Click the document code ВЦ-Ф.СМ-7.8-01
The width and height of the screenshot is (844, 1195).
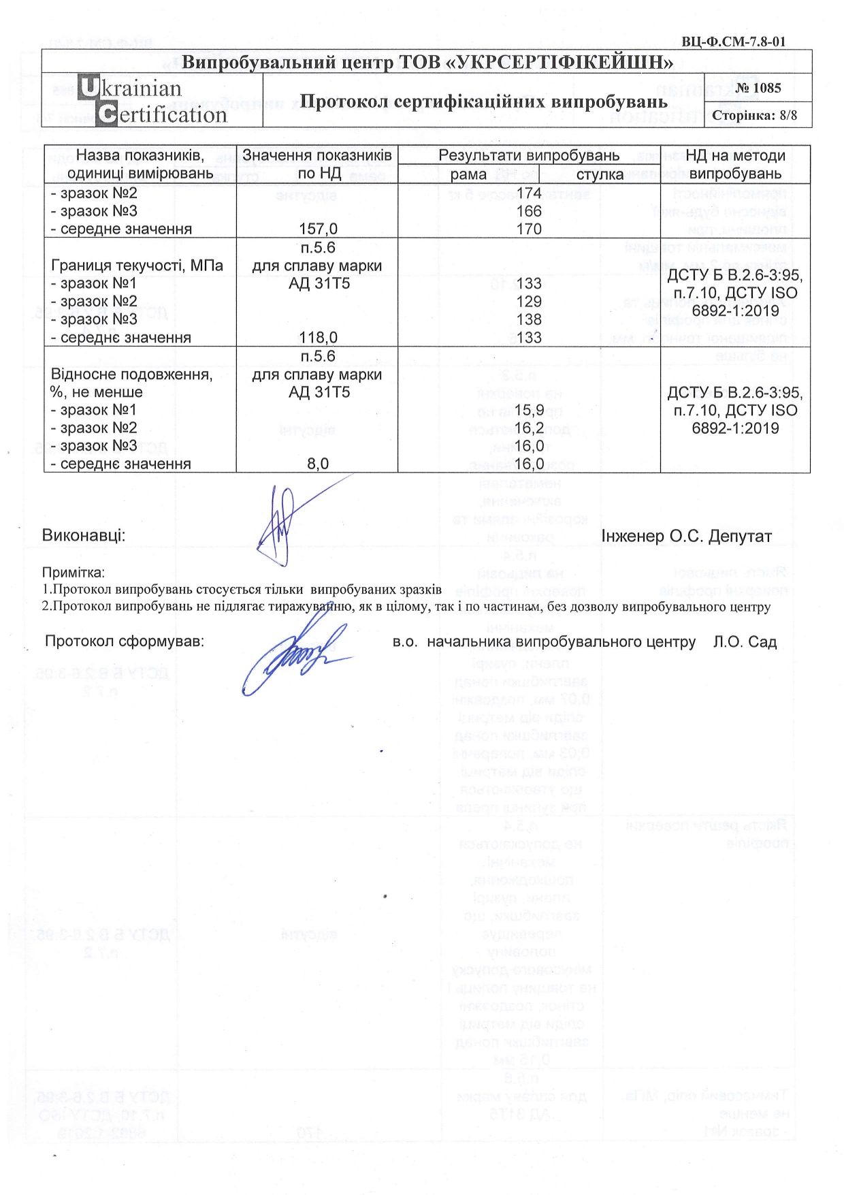pyautogui.click(x=733, y=42)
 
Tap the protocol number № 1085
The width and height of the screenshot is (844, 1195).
pyautogui.click(x=758, y=88)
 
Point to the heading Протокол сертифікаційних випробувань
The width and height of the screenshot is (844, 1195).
pyautogui.click(x=483, y=101)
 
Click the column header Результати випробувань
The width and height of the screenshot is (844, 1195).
pyautogui.click(x=528, y=155)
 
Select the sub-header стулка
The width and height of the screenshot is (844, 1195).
pyautogui.click(x=600, y=174)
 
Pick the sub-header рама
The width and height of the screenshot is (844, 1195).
pyautogui.click(x=468, y=174)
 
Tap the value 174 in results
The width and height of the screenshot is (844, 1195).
pyautogui.click(x=529, y=193)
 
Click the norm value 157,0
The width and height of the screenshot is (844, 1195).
pyautogui.click(x=318, y=229)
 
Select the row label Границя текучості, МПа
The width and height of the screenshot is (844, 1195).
pyautogui.click(x=137, y=266)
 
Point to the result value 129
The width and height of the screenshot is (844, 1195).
pyautogui.click(x=529, y=302)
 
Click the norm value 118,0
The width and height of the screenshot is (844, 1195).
pyautogui.click(x=318, y=338)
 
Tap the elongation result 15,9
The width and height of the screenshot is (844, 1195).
pyautogui.click(x=529, y=410)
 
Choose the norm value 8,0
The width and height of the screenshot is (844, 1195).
pyautogui.click(x=318, y=464)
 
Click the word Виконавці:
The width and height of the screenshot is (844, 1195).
pyautogui.click(x=84, y=536)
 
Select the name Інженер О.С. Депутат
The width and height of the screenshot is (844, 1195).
pyautogui.click(x=686, y=537)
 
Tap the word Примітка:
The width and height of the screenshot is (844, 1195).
pyautogui.click(x=74, y=573)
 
